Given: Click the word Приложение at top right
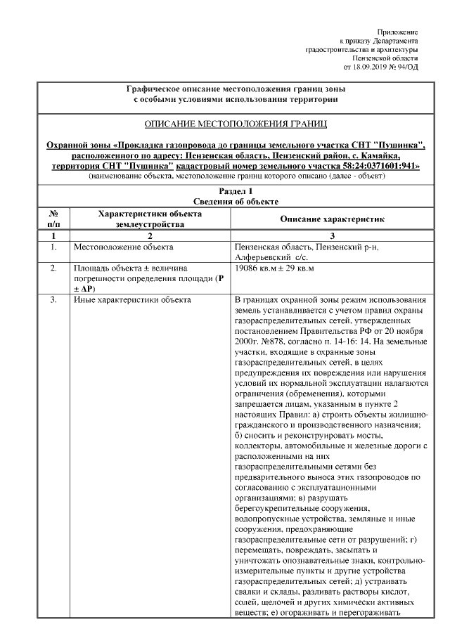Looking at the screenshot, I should (x=397, y=32).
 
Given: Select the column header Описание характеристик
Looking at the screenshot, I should (x=333, y=219).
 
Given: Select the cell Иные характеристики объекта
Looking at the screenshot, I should (x=131, y=301).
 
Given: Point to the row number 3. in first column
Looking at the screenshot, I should (x=53, y=301).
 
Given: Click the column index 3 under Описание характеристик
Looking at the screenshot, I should (x=333, y=236).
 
